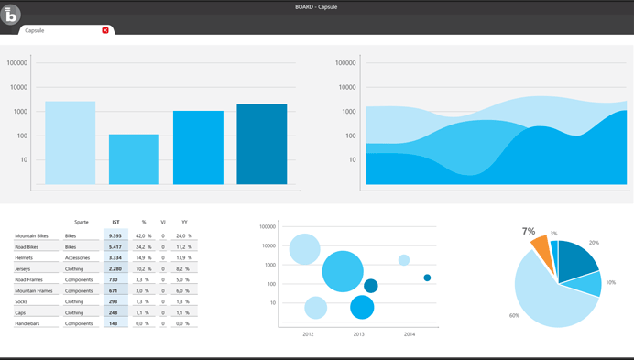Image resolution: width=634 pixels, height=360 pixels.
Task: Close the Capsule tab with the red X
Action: (105, 30)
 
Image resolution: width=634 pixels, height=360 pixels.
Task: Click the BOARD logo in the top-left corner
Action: (11, 16)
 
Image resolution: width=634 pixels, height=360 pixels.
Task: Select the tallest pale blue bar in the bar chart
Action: (70, 143)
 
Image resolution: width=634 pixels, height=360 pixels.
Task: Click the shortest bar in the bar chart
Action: (134, 159)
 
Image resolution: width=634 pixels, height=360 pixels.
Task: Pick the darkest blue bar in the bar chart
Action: (261, 144)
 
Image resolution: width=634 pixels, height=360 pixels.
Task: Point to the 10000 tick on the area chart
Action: (345, 88)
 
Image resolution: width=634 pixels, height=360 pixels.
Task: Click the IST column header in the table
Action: (115, 222)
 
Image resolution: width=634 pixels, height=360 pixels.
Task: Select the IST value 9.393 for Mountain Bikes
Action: (115, 235)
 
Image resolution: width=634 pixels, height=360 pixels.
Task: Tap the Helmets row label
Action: (25, 257)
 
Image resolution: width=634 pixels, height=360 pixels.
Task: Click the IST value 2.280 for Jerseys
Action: (115, 268)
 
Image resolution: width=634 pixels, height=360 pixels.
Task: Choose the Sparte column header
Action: (82, 222)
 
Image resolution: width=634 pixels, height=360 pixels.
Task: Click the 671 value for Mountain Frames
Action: (114, 290)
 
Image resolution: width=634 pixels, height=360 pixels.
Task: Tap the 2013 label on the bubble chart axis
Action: (358, 335)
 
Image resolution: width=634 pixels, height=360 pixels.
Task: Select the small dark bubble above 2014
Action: (427, 278)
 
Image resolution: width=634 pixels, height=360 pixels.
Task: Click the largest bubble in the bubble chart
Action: (343, 271)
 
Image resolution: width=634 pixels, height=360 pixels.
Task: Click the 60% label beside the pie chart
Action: (514, 316)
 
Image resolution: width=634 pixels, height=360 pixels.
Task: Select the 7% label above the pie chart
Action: (529, 232)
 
